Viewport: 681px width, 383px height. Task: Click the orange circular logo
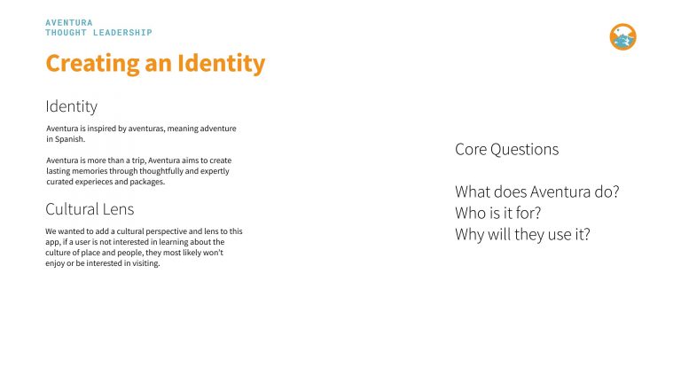[623, 37]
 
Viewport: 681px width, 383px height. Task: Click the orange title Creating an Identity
[155, 64]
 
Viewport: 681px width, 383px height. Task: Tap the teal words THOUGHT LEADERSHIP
[98, 33]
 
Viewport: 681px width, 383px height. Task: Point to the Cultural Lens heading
[90, 209]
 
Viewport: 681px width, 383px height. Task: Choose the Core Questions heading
[506, 149]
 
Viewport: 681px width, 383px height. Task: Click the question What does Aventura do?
[536, 191]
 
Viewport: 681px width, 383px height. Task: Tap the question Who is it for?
[497, 213]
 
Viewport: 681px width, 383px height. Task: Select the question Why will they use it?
[521, 234]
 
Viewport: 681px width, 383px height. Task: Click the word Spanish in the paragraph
[68, 139]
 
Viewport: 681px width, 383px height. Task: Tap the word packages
[147, 182]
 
